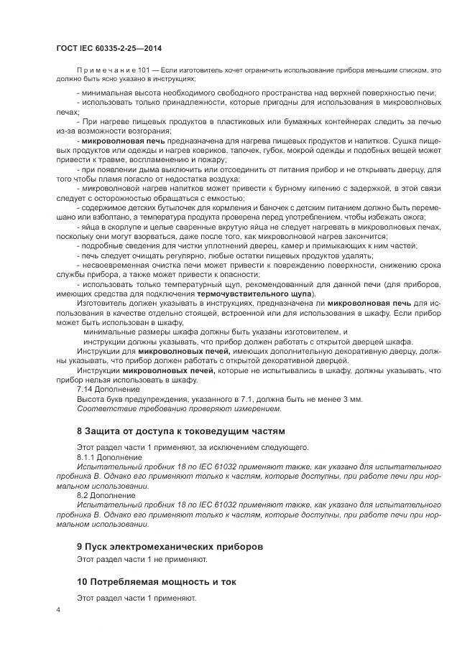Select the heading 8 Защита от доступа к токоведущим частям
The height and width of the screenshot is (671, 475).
tap(181, 431)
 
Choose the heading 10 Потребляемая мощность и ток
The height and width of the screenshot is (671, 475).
tap(157, 582)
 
